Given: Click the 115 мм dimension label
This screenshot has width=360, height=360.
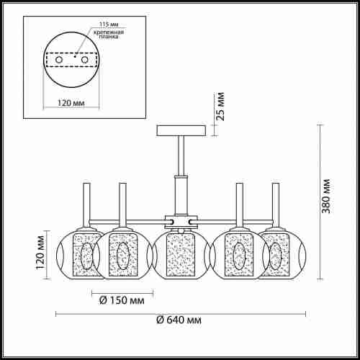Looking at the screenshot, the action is pyautogui.click(x=109, y=24).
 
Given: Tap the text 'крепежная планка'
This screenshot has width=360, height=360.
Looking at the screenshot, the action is pyautogui.click(x=109, y=35).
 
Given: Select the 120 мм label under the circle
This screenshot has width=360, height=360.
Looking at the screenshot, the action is pyautogui.click(x=71, y=103).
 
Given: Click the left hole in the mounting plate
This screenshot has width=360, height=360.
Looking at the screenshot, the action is pyautogui.click(x=59, y=60).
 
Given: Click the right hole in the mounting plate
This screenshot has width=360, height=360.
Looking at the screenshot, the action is pyautogui.click(x=84, y=60).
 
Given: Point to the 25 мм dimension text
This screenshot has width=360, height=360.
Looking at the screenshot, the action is pyautogui.click(x=220, y=106).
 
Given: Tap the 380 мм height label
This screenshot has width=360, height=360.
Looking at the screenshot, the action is pyautogui.click(x=325, y=196).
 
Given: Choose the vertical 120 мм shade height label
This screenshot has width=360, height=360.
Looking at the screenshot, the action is pyautogui.click(x=40, y=253).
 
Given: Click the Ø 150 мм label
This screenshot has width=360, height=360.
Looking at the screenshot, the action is pyautogui.click(x=122, y=300).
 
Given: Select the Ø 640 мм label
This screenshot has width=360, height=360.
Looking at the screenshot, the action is pyautogui.click(x=179, y=320).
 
